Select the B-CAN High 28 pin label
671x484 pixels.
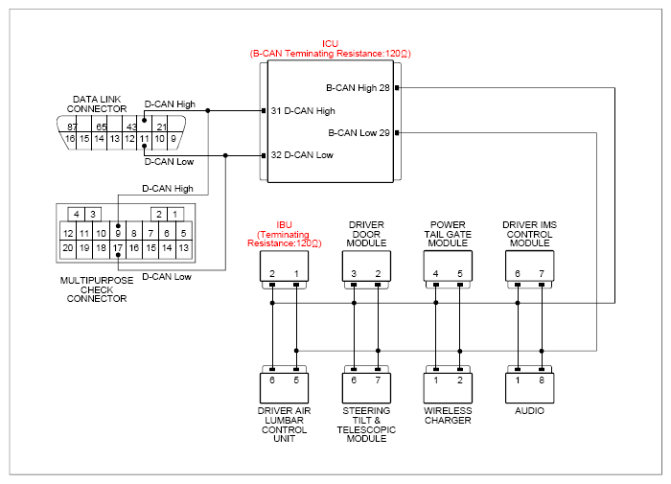(358, 88)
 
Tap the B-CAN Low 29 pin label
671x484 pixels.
(359, 132)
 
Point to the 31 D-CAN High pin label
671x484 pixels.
(303, 111)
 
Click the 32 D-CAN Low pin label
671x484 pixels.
(302, 155)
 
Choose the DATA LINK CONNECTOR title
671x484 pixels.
(97, 104)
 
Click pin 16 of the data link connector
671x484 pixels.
(70, 139)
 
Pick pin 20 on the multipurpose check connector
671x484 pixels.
(68, 248)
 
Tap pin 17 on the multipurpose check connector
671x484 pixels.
(118, 248)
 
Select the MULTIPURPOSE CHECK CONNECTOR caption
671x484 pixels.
(97, 289)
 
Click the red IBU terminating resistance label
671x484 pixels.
(284, 234)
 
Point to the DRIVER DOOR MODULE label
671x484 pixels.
(366, 234)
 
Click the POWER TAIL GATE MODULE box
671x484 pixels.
(448, 265)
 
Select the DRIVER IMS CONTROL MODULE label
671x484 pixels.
(529, 234)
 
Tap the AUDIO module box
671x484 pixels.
(529, 388)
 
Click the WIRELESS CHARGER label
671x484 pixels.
(448, 416)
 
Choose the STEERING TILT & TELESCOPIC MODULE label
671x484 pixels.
(366, 425)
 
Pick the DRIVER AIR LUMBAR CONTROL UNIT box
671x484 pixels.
(284, 388)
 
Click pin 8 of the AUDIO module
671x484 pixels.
(542, 380)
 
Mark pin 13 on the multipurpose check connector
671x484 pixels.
(184, 248)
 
